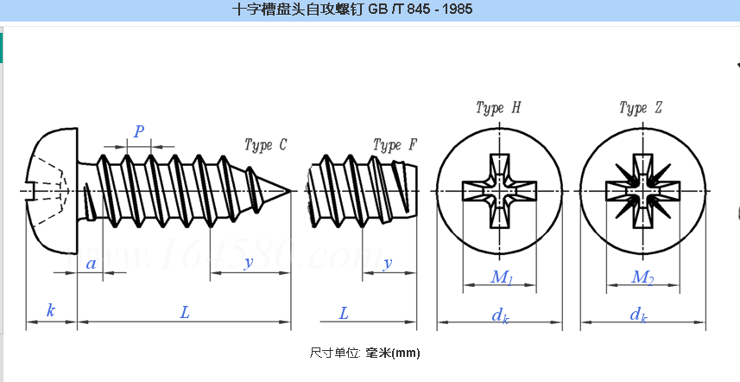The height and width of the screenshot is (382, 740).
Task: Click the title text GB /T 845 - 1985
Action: tap(352, 10)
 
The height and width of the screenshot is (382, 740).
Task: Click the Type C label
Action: tap(266, 145)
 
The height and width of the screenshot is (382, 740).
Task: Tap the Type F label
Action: tap(395, 144)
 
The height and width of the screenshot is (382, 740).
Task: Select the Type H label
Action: tap(498, 108)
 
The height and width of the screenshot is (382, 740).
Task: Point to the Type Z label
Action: tap(641, 108)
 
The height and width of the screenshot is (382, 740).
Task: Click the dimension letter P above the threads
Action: tap(138, 131)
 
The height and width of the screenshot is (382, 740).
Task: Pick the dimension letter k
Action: tap(51, 310)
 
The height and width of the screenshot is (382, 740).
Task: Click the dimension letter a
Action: tap(92, 264)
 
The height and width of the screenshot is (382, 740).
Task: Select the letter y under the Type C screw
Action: tap(248, 263)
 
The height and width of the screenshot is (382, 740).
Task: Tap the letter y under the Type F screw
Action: tap(388, 263)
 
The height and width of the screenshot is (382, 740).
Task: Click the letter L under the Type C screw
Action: tap(185, 312)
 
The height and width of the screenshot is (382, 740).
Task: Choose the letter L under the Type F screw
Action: tap(344, 312)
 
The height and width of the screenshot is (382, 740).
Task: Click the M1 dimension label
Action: tap(502, 277)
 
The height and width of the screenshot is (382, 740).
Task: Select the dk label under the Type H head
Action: tap(500, 315)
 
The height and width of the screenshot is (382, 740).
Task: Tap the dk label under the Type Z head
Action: tap(639, 315)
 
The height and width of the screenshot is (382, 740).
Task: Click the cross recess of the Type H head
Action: tap(499, 190)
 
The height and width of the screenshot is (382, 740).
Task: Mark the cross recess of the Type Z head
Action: tap(641, 190)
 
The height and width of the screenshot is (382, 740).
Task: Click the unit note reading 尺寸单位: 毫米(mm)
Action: tap(364, 353)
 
